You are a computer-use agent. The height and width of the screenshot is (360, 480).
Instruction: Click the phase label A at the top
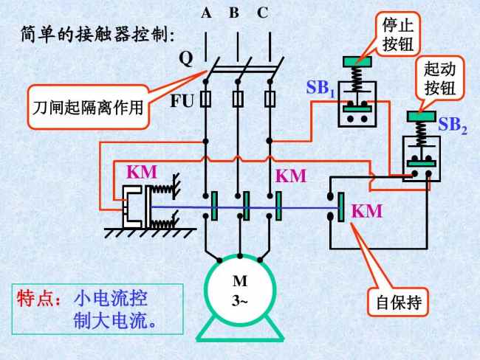206,13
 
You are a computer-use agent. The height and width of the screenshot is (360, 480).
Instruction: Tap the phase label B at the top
234,13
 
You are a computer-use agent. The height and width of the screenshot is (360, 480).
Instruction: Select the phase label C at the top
263,13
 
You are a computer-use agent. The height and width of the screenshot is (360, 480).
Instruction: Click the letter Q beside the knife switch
186,59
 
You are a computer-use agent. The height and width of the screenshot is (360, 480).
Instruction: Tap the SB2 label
453,125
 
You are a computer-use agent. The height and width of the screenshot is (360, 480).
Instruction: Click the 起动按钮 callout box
440,80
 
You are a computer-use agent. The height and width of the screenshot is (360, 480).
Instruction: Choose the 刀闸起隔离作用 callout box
88,111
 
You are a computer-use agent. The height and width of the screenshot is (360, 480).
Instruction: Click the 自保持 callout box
398,302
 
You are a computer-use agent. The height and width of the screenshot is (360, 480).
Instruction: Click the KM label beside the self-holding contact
367,212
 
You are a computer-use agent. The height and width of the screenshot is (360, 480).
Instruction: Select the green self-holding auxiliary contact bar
341,207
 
